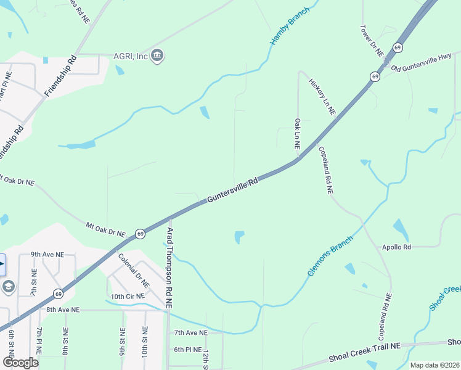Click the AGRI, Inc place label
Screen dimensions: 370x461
[130, 57]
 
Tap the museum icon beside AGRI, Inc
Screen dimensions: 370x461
[157, 56]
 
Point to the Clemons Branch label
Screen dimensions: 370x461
[330, 255]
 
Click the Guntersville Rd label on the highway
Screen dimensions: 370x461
[232, 191]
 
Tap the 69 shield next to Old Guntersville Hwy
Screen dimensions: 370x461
[375, 76]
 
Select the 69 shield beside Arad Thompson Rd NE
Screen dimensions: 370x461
[141, 234]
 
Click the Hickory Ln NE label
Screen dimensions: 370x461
[322, 96]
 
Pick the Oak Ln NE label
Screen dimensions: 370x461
[297, 134]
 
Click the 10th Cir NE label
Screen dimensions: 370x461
[128, 297]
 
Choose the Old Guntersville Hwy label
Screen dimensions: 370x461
[421, 63]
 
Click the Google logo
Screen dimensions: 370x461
[20, 362]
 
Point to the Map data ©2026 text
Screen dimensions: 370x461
[434, 365]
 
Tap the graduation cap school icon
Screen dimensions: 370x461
[8, 287]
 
